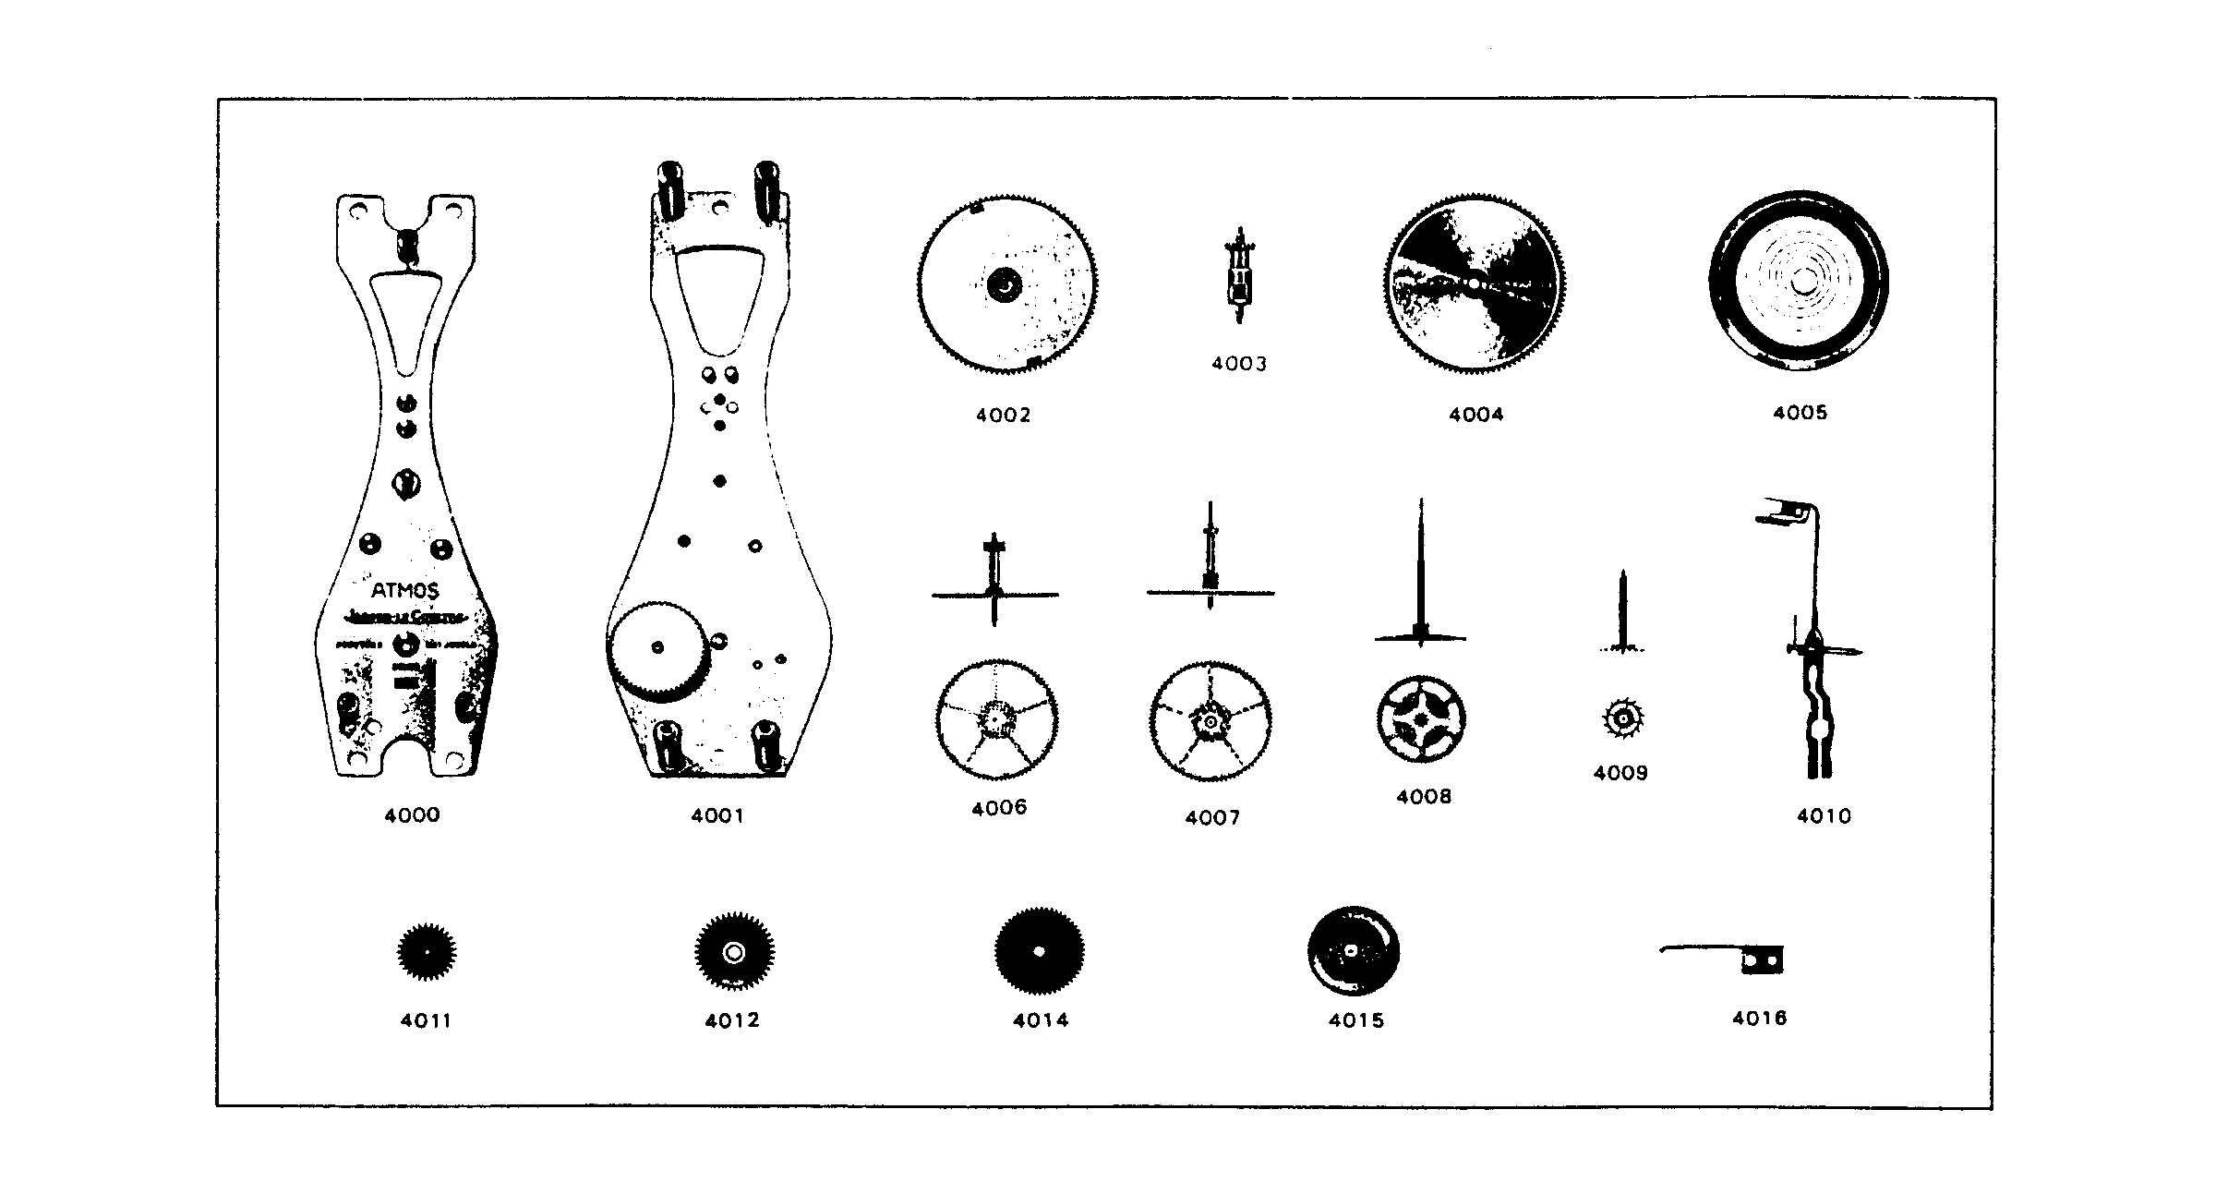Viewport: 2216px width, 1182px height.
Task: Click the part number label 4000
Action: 412,815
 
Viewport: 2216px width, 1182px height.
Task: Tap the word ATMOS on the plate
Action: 405,591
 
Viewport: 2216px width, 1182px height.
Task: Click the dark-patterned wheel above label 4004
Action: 1475,284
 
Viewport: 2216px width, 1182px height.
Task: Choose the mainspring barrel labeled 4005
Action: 1799,281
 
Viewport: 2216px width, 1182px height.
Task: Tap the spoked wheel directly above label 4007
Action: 1210,721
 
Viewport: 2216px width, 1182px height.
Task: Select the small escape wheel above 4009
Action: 1622,718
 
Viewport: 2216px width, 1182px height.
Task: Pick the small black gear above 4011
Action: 427,952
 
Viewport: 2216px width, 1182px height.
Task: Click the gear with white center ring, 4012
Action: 734,952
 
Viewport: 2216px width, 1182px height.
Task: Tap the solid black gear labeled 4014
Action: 1039,952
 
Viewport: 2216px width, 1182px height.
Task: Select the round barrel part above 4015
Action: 1353,952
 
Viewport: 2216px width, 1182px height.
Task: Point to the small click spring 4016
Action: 1736,959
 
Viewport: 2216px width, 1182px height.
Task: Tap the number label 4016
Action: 1759,1019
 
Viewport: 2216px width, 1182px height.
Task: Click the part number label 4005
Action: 1800,413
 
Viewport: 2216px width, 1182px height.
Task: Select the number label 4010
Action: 1824,815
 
